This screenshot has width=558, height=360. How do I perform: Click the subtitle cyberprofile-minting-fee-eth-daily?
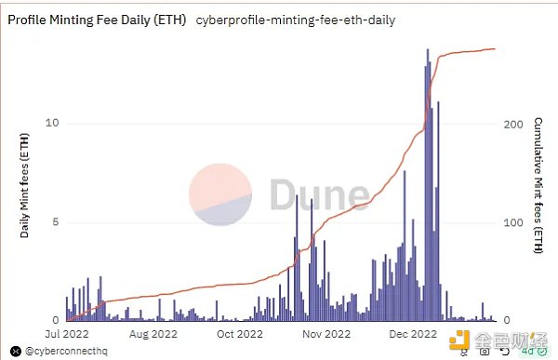point(297,20)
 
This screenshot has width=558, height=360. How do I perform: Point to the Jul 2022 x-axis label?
point(66,332)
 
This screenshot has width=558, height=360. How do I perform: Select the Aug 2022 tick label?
point(153,332)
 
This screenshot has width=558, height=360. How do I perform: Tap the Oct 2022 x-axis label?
point(239,332)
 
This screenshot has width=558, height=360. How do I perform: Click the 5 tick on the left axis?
point(56,222)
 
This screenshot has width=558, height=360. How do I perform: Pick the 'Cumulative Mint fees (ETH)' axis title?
point(538,185)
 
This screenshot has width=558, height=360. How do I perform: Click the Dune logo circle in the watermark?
point(221,195)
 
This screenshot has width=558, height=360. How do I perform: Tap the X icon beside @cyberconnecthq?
point(15,352)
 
